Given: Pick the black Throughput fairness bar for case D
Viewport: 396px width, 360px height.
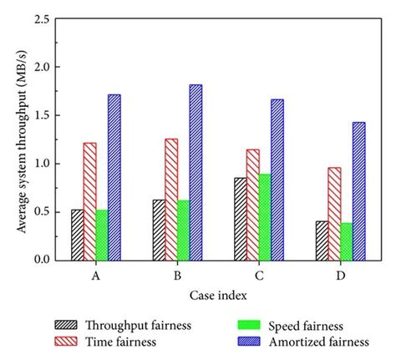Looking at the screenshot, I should (322, 241).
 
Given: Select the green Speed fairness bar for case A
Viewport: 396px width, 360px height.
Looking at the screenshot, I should (102, 235).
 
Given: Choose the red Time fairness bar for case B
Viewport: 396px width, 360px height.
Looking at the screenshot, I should (171, 200).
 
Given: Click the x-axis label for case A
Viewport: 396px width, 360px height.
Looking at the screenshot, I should (96, 273).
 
